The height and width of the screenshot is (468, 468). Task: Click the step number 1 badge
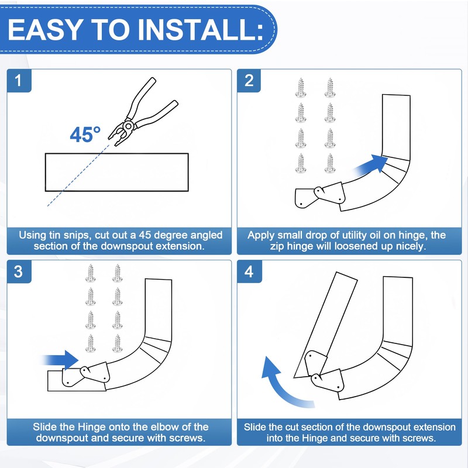click(x=20, y=81)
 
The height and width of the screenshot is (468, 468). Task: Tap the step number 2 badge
click(x=249, y=81)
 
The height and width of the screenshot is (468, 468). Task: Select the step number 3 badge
click(x=20, y=273)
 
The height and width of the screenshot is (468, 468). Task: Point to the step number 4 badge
click(x=249, y=273)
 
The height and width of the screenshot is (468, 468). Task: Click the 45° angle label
click(x=85, y=135)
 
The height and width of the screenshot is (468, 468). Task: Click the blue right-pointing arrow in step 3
click(x=61, y=359)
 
